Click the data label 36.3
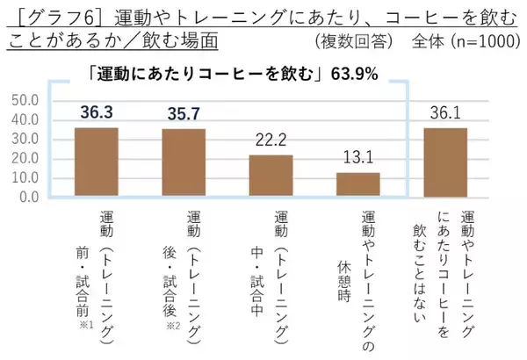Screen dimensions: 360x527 (97, 112)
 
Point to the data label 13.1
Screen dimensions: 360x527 (358, 158)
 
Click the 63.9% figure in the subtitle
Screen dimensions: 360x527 (355, 75)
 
